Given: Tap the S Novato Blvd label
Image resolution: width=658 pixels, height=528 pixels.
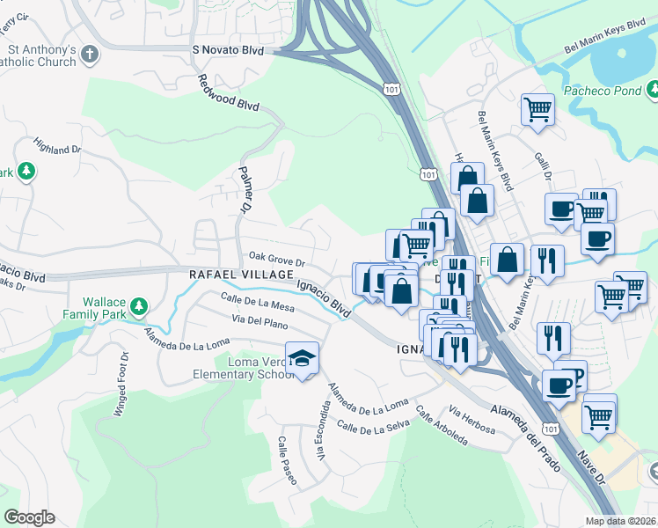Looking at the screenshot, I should click(x=228, y=51).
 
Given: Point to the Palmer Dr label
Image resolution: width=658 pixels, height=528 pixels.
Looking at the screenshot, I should click(x=243, y=190).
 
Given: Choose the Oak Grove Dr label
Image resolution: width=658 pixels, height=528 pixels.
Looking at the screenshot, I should click(x=276, y=261).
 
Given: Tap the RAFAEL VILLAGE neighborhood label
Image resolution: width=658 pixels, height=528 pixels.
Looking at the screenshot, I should click(x=240, y=275).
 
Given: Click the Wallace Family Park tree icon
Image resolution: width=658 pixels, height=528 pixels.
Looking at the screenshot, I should click(x=138, y=306).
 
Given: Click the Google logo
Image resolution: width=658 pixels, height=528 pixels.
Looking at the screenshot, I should click(x=29, y=517).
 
